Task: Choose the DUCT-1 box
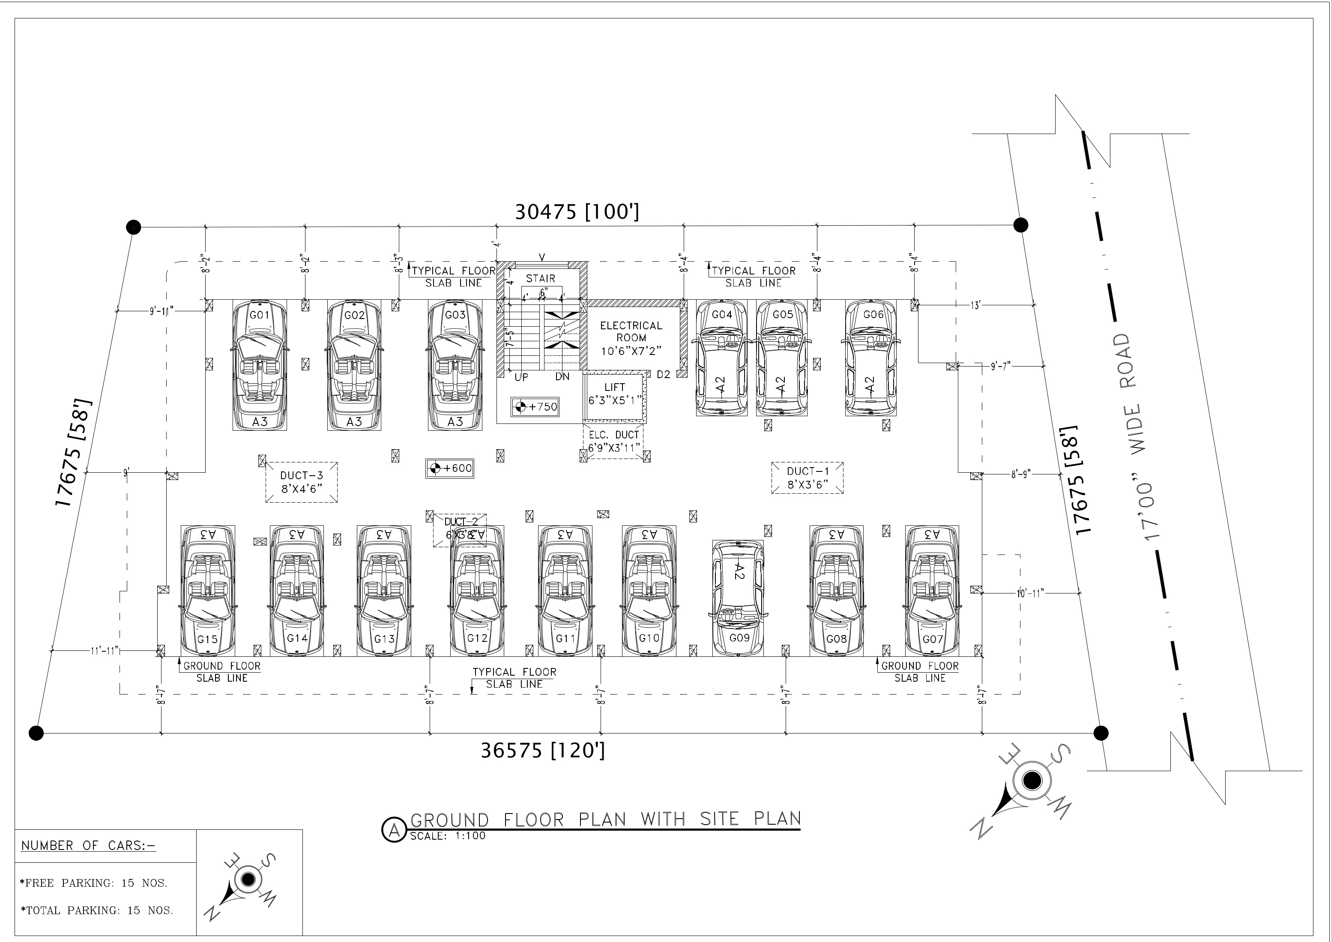pyautogui.click(x=807, y=477)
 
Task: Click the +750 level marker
pyautogui.click(x=535, y=407)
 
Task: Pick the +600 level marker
pyautogui.click(x=450, y=468)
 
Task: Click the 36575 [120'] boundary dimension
pyautogui.click(x=542, y=751)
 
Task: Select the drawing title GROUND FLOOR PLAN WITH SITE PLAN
pyautogui.click(x=605, y=819)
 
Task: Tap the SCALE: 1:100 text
pyautogui.click(x=447, y=836)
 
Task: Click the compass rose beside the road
pyautogui.click(x=1030, y=782)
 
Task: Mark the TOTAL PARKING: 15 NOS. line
pyautogui.click(x=97, y=910)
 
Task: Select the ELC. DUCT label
pyautogui.click(x=613, y=441)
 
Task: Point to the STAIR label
pyautogui.click(x=540, y=278)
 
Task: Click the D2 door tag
pyautogui.click(x=663, y=375)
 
